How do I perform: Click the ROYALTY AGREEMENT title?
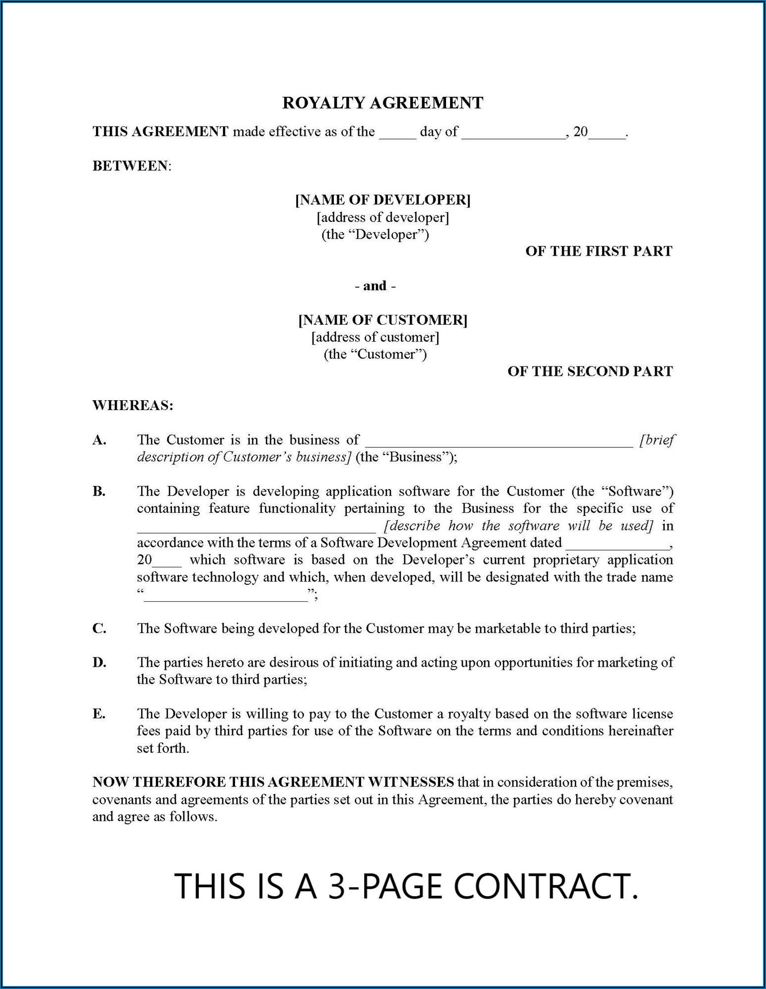[383, 103]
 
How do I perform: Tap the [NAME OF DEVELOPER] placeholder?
[383, 200]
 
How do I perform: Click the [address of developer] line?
[383, 217]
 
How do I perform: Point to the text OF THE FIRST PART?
[599, 251]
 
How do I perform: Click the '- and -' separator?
[375, 286]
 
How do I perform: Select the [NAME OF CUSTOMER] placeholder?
[383, 320]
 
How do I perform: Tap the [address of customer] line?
[375, 338]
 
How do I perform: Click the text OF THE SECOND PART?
[590, 371]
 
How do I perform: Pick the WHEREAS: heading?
[133, 406]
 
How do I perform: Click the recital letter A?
[99, 440]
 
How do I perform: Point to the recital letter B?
[99, 492]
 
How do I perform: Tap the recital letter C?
[99, 629]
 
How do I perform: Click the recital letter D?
[99, 662]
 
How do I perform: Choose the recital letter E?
[99, 714]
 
